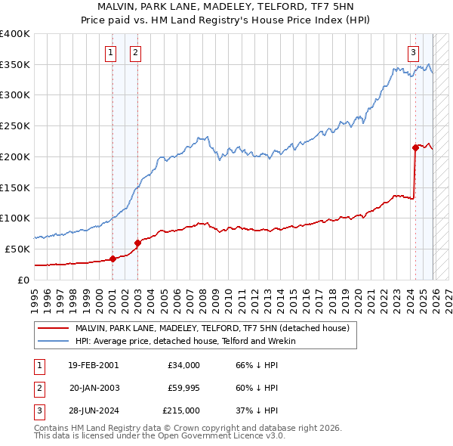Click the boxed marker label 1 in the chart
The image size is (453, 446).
(111, 53)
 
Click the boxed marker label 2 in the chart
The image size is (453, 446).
(135, 53)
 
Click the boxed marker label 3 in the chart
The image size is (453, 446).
(414, 53)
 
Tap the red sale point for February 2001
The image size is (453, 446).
(112, 259)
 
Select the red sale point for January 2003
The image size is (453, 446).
(137, 243)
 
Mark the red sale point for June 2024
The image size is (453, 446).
(415, 147)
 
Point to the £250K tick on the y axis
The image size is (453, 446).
(15, 125)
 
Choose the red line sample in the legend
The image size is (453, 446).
(54, 329)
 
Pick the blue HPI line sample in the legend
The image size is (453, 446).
(54, 342)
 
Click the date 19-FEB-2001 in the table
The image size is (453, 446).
(93, 365)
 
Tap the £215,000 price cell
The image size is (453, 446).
(181, 410)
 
